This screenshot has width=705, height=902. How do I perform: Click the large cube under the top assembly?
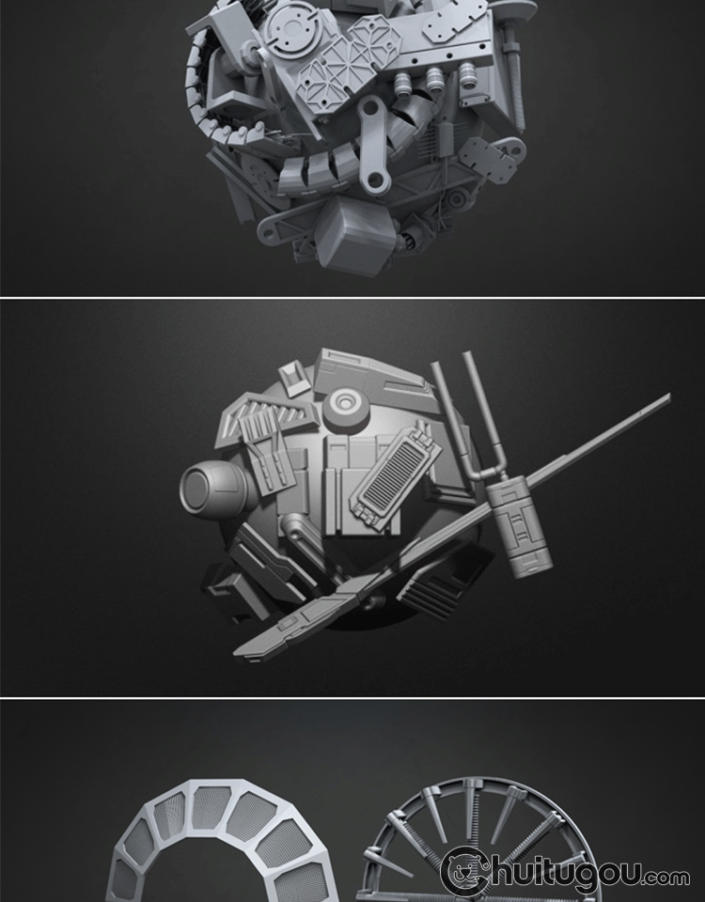pyautogui.click(x=352, y=234)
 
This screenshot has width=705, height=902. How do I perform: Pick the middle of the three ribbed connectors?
pyautogui.click(x=434, y=79)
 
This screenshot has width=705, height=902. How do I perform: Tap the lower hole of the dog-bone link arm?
pyautogui.click(x=376, y=181)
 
